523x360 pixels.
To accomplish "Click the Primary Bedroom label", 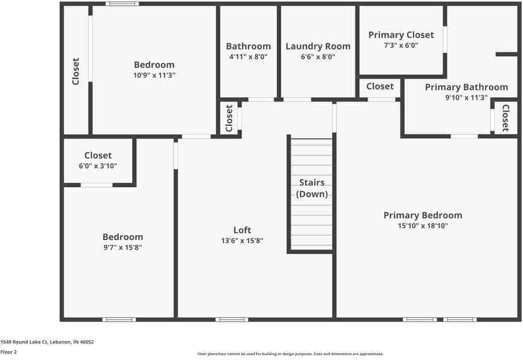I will click(x=423, y=215).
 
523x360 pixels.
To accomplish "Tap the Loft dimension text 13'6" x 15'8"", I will click(x=242, y=241).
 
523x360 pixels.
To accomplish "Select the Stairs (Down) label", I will click(x=312, y=188).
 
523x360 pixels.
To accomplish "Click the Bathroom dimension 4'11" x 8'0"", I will click(x=248, y=57).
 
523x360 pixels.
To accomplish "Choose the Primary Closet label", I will click(x=401, y=35).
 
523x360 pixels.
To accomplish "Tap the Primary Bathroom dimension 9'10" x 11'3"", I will click(x=466, y=98).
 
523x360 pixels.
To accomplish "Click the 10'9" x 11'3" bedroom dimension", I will click(x=154, y=76).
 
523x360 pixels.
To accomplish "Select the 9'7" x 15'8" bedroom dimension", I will click(x=122, y=247).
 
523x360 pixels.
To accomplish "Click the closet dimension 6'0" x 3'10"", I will click(x=98, y=166).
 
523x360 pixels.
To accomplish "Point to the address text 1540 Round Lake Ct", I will click(x=47, y=342).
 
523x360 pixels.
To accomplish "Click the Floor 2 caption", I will click(x=8, y=352).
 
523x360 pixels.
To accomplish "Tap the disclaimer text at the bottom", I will click(x=290, y=354).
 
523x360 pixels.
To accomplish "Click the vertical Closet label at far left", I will click(x=76, y=71).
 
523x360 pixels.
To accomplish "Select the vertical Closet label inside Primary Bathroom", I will click(x=506, y=118).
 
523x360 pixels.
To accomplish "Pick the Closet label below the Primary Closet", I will click(x=380, y=86).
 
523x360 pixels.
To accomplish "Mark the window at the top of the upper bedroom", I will click(x=122, y=4).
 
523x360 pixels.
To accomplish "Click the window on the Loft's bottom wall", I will click(x=232, y=319).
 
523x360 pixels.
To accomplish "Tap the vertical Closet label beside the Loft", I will click(x=229, y=118).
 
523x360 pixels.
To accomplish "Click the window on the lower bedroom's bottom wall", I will click(x=119, y=319).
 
